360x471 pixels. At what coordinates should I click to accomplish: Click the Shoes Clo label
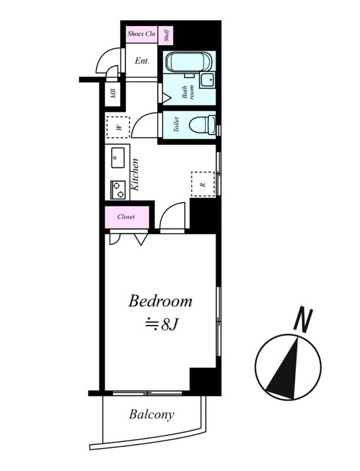pos(141,34)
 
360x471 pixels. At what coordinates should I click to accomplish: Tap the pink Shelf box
pos(166,35)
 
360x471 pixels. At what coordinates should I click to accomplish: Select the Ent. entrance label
pos(142,61)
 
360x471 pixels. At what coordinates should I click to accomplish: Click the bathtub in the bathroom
pos(189,62)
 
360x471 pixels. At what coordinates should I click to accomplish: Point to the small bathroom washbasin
pos(207,80)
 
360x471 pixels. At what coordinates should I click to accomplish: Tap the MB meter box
pos(113,94)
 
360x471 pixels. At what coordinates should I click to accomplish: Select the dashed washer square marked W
pos(118,127)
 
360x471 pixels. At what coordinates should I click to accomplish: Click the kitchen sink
pos(118,158)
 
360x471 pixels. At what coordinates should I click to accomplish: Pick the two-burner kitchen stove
pos(118,190)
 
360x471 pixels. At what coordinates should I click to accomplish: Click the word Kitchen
pos(135,174)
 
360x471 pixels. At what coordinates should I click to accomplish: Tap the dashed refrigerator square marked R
pos(203,184)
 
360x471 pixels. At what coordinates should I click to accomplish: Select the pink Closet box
pos(127,217)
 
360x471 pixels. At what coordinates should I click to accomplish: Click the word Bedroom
pos(160,301)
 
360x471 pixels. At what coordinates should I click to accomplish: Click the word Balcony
pos(152,415)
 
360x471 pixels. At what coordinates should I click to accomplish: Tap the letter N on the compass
pos(304,320)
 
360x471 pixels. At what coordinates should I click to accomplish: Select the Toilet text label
pos(176,125)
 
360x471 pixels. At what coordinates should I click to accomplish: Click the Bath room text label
pos(188,92)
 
